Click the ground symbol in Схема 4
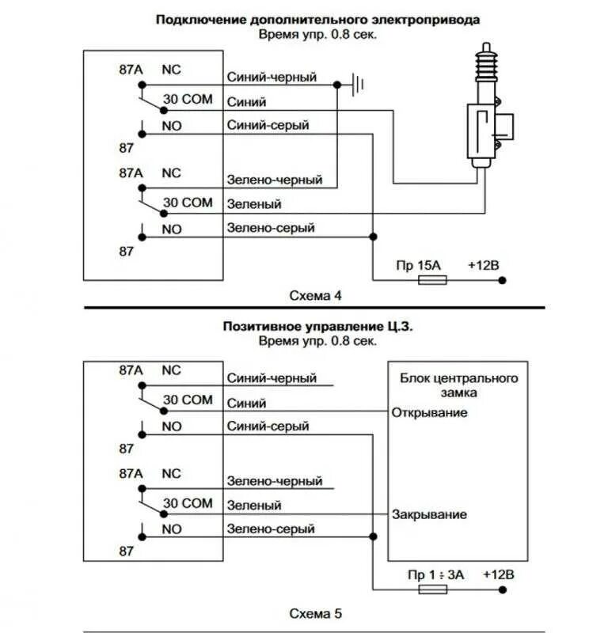point(358,85)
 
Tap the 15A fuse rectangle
point(432,280)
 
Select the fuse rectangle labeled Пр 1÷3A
point(433,589)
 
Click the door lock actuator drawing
point(489,106)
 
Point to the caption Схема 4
point(316,296)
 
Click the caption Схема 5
point(316,614)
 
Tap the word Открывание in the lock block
point(429,412)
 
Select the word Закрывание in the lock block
point(429,514)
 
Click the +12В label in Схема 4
point(484,265)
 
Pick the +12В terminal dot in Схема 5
point(503,589)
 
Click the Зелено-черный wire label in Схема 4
point(275,180)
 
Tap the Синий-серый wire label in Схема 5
point(268,426)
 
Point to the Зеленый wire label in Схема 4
point(254,204)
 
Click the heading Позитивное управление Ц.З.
point(318,326)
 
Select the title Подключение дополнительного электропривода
point(318,20)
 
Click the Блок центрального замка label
point(459,385)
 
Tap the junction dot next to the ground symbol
point(337,85)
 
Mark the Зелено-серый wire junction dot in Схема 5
point(374,536)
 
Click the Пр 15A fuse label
point(419,265)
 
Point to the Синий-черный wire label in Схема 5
point(272,378)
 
